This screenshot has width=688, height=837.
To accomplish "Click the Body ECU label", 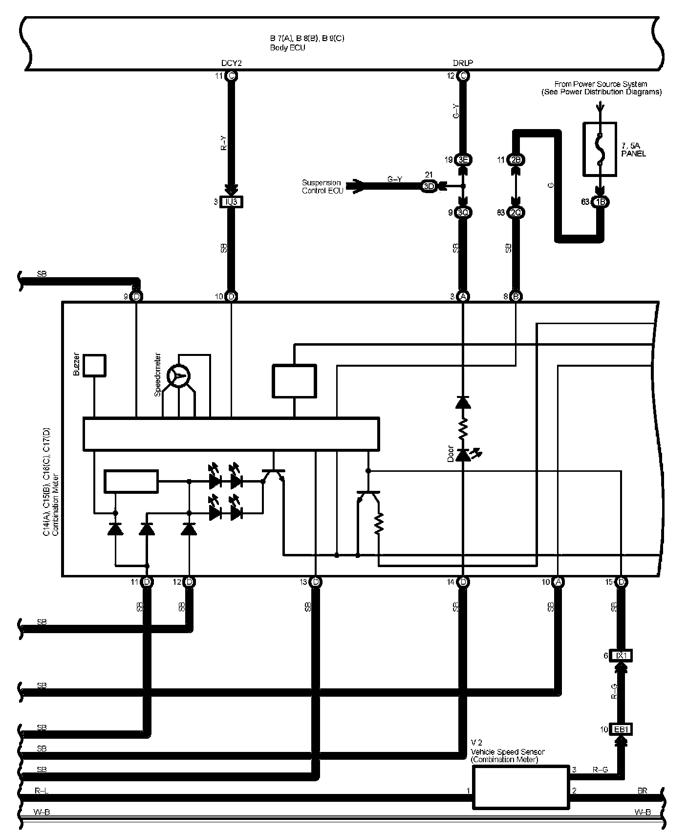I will pos(287,48).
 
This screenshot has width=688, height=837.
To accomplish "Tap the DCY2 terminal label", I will pos(231,63).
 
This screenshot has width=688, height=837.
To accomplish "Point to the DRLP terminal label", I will pos(463,63).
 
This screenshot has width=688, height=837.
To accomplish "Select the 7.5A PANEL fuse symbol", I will pos(600,149).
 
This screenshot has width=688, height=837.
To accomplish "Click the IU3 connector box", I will pos(231,202).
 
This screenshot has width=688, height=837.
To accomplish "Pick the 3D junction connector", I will pos(429,186).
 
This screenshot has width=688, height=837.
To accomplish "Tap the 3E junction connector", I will pos(463,159).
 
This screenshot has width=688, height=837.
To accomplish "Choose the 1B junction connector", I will pos(600,202).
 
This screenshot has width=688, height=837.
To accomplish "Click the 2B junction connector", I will pos(516,159).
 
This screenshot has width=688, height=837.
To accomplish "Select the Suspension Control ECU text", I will pos(322,186).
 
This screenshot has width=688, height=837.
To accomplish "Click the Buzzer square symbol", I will pos(94,365).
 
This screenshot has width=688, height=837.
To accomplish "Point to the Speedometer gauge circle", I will pos(178,376).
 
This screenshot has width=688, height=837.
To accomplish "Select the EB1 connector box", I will pos(621,729).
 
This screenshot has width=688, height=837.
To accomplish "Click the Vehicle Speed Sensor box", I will pos(520,787).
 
